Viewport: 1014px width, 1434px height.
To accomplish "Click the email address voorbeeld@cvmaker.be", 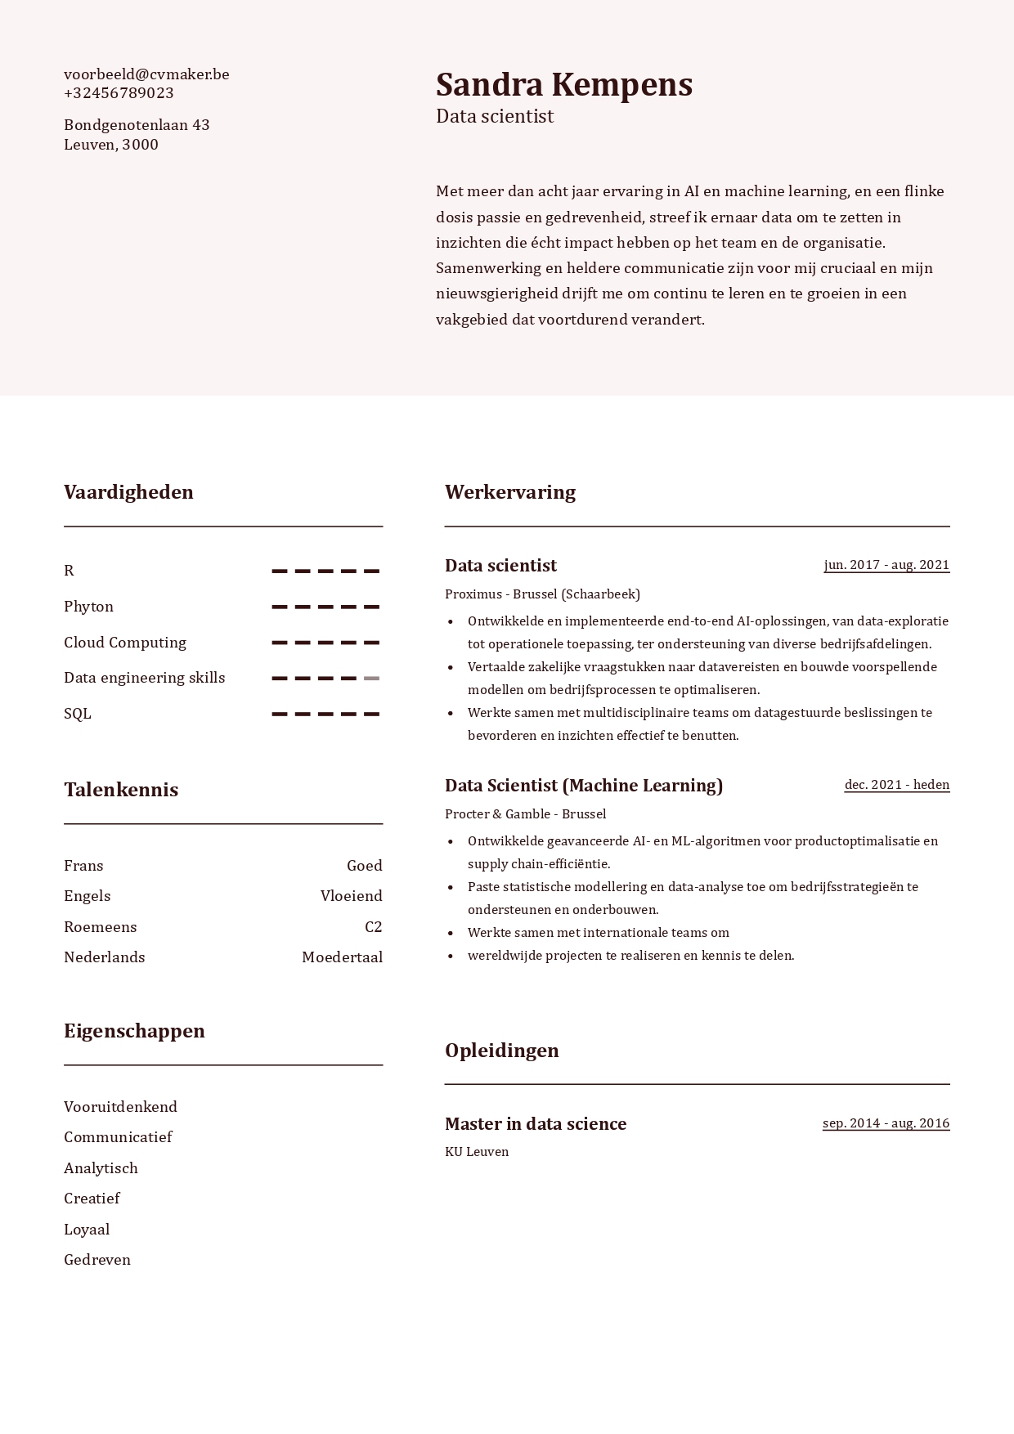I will (146, 74).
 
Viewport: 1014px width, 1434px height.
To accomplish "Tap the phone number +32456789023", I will (119, 93).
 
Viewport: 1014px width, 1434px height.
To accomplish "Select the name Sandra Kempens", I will (563, 85).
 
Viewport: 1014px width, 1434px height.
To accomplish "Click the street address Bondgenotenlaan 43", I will (137, 125).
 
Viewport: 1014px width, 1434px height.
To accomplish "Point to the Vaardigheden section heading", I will (128, 492).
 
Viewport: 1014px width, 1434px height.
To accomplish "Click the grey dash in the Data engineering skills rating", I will (371, 679).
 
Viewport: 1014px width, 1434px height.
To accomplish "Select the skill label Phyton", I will (88, 607).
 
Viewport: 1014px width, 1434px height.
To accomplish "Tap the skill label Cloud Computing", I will (125, 643).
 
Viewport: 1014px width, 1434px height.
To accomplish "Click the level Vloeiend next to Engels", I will (351, 896).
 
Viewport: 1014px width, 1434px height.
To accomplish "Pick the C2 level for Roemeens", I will (373, 927).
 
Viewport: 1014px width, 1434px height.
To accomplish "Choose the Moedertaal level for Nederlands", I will (342, 957).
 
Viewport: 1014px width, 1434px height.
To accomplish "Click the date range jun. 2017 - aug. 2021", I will (886, 565).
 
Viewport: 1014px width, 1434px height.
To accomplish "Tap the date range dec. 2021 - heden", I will (896, 785).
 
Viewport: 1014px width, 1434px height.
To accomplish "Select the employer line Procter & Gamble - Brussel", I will (525, 814).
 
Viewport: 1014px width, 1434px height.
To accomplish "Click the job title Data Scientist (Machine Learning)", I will (584, 786).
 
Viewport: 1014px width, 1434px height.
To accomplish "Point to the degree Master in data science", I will (536, 1124).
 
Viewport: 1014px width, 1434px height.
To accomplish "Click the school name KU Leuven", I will (477, 1152).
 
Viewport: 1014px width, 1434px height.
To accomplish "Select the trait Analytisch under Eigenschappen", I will (101, 1168).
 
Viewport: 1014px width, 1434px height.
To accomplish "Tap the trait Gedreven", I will (97, 1260).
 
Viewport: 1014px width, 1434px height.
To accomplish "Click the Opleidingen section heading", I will (501, 1051).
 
